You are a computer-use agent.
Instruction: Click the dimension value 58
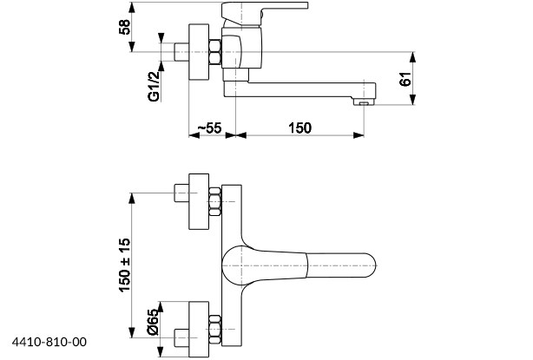125,27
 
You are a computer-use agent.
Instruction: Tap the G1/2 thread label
154,87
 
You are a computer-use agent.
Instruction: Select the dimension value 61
405,79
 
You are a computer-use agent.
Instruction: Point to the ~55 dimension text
210,128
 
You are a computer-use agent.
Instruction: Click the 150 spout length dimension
299,128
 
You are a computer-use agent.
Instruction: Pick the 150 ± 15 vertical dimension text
124,265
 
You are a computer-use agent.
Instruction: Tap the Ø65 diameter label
154,322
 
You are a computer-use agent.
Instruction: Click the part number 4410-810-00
49,342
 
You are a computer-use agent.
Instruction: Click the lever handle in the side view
265,14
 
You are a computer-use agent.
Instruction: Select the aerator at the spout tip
364,101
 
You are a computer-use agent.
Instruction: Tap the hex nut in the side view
214,52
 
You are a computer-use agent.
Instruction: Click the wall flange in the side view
199,52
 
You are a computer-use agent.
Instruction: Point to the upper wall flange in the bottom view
199,201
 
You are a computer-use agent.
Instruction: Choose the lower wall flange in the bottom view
199,329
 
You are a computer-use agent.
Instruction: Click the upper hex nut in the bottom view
214,201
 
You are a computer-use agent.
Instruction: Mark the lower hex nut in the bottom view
214,329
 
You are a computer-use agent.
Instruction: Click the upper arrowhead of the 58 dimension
132,8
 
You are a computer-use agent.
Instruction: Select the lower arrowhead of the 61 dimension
412,100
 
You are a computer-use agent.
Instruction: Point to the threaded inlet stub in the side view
181,52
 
